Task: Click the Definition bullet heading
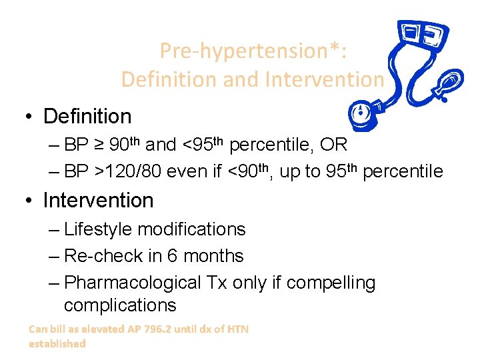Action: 87,117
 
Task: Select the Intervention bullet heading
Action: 98,200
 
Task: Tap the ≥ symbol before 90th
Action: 100,145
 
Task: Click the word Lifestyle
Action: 98,229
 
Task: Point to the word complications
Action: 120,306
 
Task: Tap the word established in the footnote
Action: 57,344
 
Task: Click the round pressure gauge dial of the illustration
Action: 360,111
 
